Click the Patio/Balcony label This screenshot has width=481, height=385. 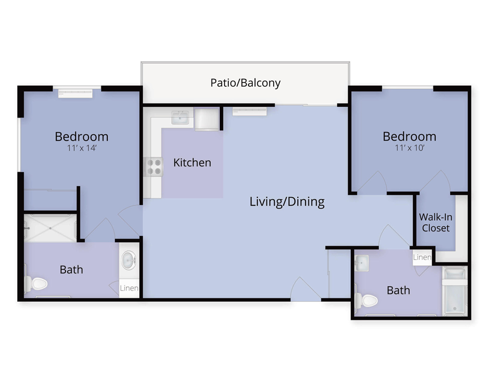click(245, 83)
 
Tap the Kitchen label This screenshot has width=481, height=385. click(192, 162)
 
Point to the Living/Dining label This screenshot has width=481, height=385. click(287, 202)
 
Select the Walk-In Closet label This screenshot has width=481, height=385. click(436, 223)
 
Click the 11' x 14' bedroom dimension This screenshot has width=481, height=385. click(82, 148)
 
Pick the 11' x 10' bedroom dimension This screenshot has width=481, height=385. click(409, 148)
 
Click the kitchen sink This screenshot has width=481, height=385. click(180, 117)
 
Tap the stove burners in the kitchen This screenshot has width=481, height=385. click(153, 167)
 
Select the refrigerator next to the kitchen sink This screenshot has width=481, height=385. click(206, 119)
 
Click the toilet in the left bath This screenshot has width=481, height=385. click(36, 283)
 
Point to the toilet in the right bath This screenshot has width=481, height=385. click(366, 301)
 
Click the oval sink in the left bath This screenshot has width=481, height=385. click(129, 260)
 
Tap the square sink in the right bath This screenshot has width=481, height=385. click(362, 263)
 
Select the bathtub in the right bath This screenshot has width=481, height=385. click(455, 291)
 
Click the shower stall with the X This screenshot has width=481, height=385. click(50, 228)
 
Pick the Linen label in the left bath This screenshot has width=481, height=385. click(129, 288)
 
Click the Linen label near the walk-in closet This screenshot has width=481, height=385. click(422, 257)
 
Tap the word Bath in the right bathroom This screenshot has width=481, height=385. click(398, 290)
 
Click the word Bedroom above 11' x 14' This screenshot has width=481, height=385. click(82, 137)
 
